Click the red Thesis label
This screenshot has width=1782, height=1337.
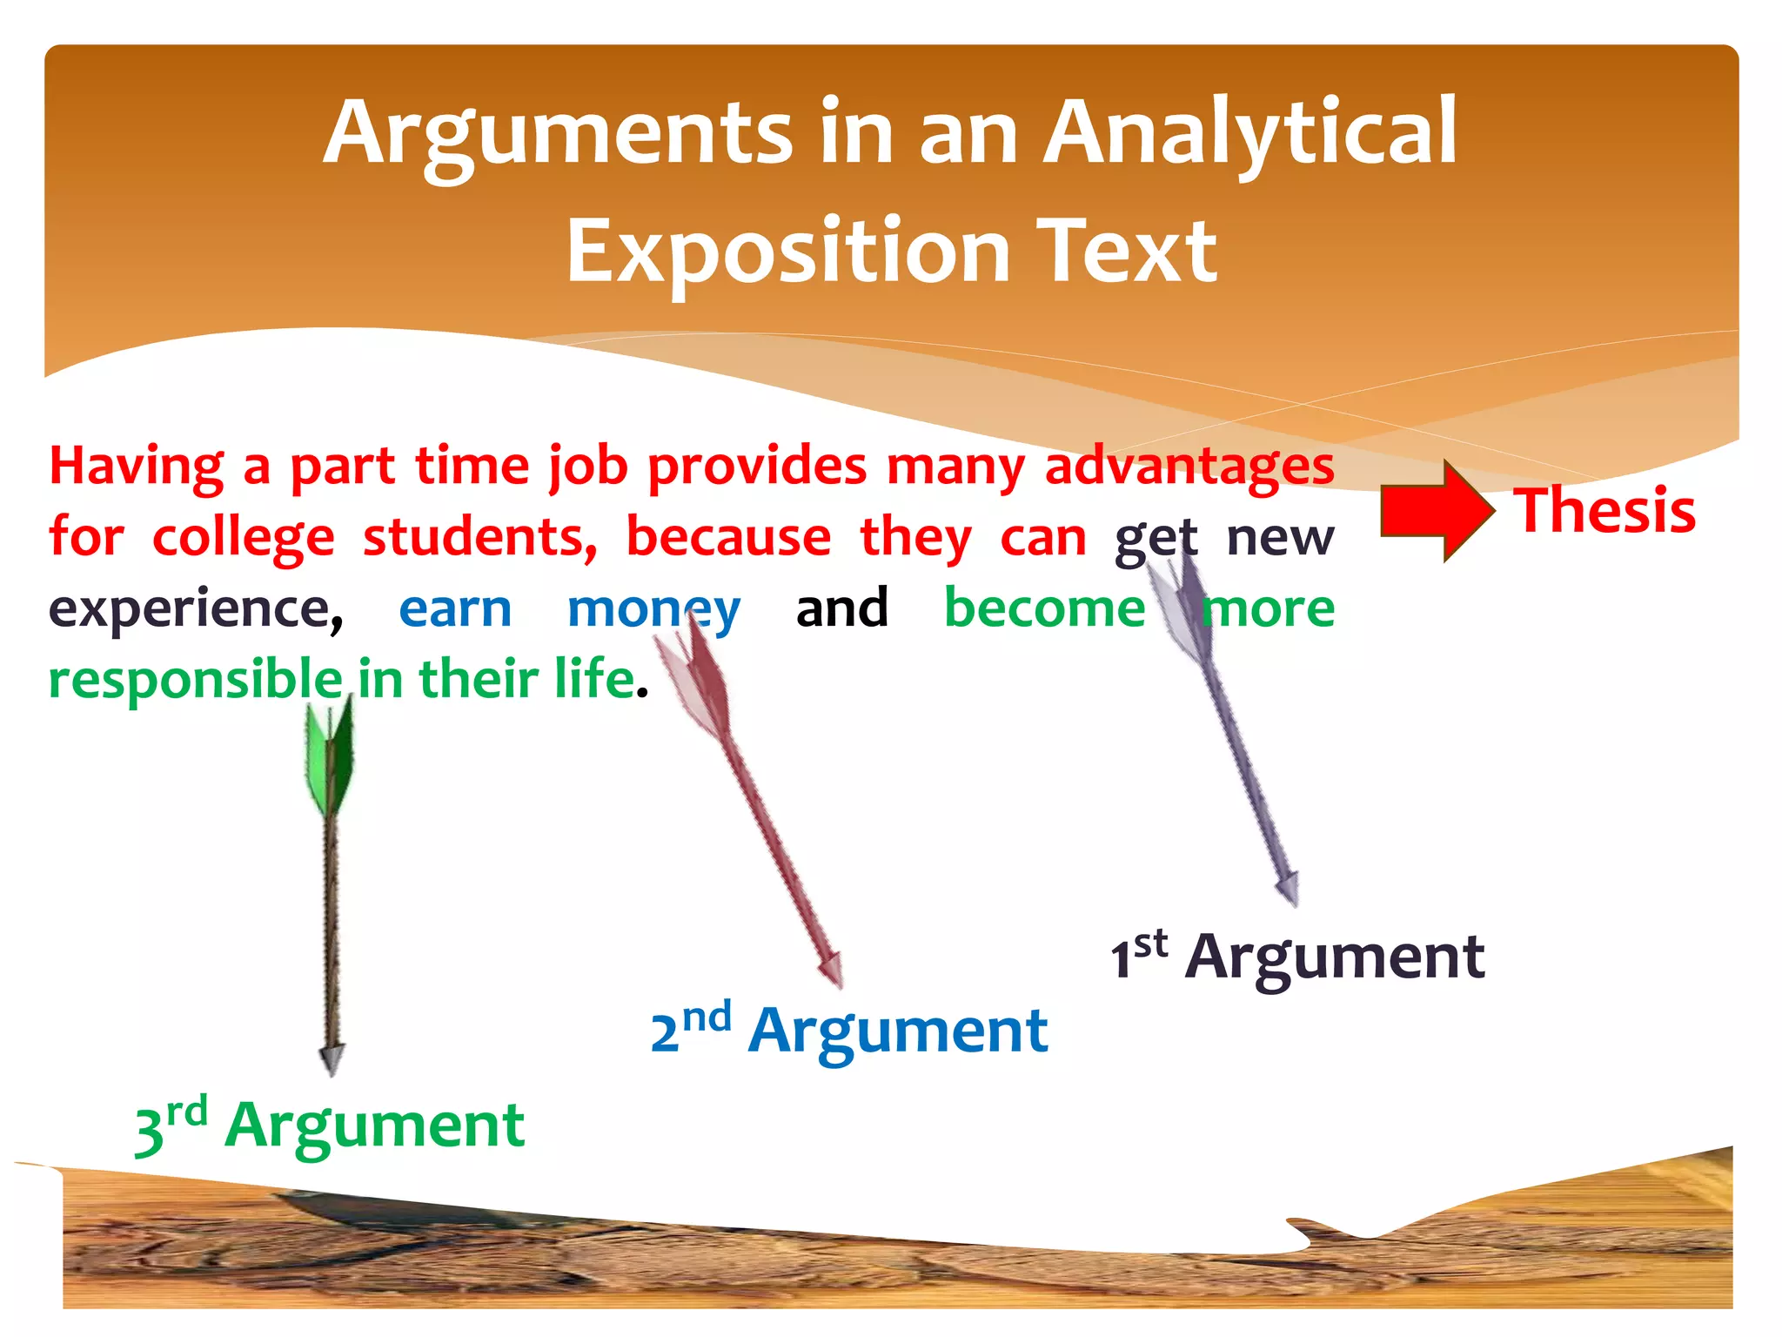1604,511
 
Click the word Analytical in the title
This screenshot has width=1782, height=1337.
1249,132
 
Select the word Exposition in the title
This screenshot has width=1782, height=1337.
787,252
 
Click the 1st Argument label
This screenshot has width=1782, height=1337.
1296,957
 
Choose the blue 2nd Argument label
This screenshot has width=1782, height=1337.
849,1031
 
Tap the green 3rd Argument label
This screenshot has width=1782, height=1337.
330,1125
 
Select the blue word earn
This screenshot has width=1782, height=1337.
455,609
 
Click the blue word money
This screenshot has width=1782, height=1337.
653,609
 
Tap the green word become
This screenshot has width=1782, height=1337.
1044,609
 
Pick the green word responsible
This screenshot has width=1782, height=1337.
196,681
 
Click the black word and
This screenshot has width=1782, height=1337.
841,609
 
